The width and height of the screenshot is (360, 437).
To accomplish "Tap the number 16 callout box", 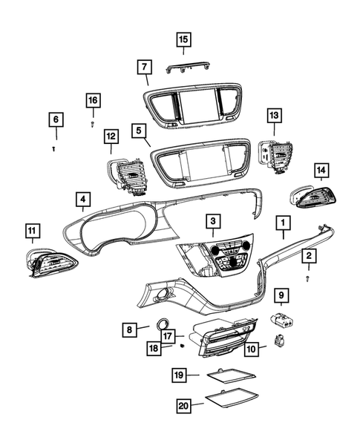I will [x=92, y=99].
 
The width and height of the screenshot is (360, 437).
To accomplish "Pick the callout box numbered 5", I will [x=139, y=130].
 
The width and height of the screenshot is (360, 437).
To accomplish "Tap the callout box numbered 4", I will [x=83, y=200].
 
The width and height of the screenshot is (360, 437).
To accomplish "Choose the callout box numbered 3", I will [x=213, y=220].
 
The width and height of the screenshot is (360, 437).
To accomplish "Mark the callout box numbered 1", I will [x=283, y=221].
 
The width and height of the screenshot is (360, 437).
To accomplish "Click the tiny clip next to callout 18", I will [x=182, y=344].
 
